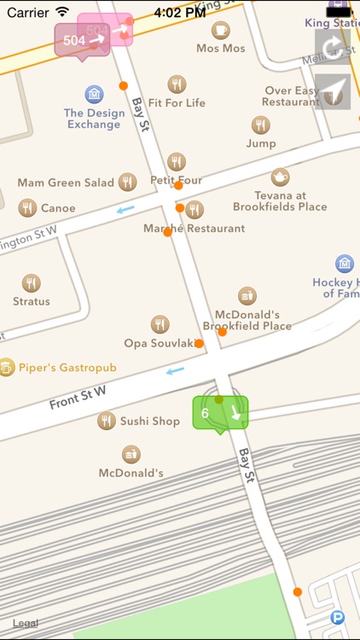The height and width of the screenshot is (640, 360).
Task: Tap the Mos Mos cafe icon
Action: pyautogui.click(x=220, y=31)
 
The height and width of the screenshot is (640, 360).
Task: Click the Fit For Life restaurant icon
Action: pyautogui.click(x=177, y=84)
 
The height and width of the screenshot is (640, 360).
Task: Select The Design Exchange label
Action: pyautogui.click(x=94, y=119)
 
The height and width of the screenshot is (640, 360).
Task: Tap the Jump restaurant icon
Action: pyautogui.click(x=261, y=125)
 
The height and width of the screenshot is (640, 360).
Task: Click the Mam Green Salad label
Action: pyautogui.click(x=67, y=183)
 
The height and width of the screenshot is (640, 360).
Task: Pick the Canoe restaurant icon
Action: pyautogui.click(x=28, y=207)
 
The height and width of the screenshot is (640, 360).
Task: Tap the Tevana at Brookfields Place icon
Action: pyautogui.click(x=280, y=177)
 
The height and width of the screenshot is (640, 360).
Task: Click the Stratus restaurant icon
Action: pyautogui.click(x=32, y=283)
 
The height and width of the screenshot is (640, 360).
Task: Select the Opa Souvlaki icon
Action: pyautogui.click(x=160, y=324)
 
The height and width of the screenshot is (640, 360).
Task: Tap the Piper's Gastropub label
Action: pyautogui.click(x=67, y=368)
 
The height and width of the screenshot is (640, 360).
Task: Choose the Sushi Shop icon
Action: pyautogui.click(x=107, y=420)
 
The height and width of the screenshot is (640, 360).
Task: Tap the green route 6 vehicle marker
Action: pyautogui.click(x=219, y=414)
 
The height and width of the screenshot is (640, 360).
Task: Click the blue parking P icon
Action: pyautogui.click(x=338, y=617)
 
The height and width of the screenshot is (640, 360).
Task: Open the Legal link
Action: pyautogui.click(x=26, y=624)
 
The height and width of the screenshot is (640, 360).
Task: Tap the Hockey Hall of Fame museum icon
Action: pyautogui.click(x=345, y=264)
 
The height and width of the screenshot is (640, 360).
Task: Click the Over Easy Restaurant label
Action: pyautogui.click(x=292, y=96)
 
